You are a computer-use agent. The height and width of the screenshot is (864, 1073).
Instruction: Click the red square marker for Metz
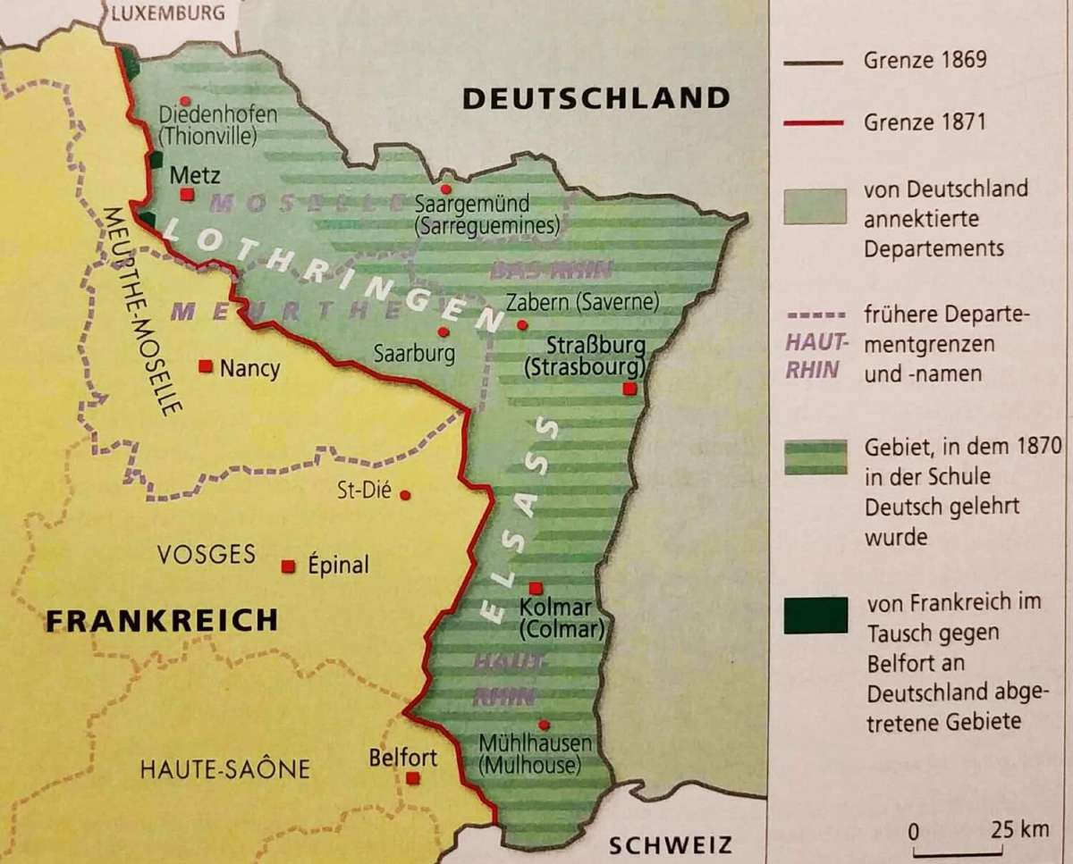coord(186,194)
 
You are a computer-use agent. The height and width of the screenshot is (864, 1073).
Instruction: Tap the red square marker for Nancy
coord(206,365)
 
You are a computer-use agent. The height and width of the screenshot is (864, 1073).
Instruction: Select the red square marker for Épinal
coord(288,566)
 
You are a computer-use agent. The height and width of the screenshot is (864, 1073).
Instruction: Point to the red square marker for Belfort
coord(412,778)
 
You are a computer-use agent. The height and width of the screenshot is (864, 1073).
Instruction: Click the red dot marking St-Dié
coord(405,494)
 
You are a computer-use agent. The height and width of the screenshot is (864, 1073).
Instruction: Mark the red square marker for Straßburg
coord(630,389)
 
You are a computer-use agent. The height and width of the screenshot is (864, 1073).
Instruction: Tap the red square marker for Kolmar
coord(536,588)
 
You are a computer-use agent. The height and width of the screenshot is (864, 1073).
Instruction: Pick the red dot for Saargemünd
coord(445,189)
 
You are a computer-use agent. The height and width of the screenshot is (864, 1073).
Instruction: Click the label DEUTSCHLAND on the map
coord(596,98)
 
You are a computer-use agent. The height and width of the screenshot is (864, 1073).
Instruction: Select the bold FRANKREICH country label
coord(162,620)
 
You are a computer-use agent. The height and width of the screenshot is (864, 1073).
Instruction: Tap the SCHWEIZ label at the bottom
coord(670,844)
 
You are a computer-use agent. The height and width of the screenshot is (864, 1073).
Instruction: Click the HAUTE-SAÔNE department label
coord(224,768)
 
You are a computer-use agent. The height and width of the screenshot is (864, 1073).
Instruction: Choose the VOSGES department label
coord(207,554)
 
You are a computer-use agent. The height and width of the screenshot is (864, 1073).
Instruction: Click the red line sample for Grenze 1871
coord(814,122)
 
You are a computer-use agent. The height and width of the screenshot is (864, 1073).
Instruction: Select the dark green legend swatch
coord(815,616)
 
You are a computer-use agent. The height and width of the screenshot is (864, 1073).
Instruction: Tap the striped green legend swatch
coord(815,457)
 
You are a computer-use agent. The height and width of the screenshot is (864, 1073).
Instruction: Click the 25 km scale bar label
coord(1019,829)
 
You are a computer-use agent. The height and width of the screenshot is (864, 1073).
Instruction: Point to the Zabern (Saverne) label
coord(582,302)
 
